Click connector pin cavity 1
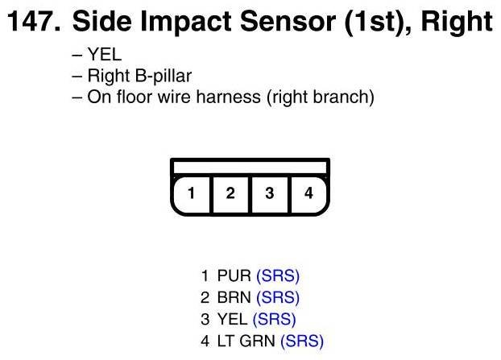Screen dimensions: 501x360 [x=191, y=193]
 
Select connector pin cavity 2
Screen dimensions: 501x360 [x=230, y=193]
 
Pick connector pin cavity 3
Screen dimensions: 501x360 [x=270, y=193]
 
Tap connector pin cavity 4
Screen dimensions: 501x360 [x=308, y=193]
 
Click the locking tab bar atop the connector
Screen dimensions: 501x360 [x=250, y=166]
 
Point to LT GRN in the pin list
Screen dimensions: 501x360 [x=247, y=341]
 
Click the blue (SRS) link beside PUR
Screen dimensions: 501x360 [x=278, y=276]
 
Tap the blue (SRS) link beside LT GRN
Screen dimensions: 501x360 [x=302, y=341]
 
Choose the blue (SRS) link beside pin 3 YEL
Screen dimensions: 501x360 [x=275, y=319]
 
